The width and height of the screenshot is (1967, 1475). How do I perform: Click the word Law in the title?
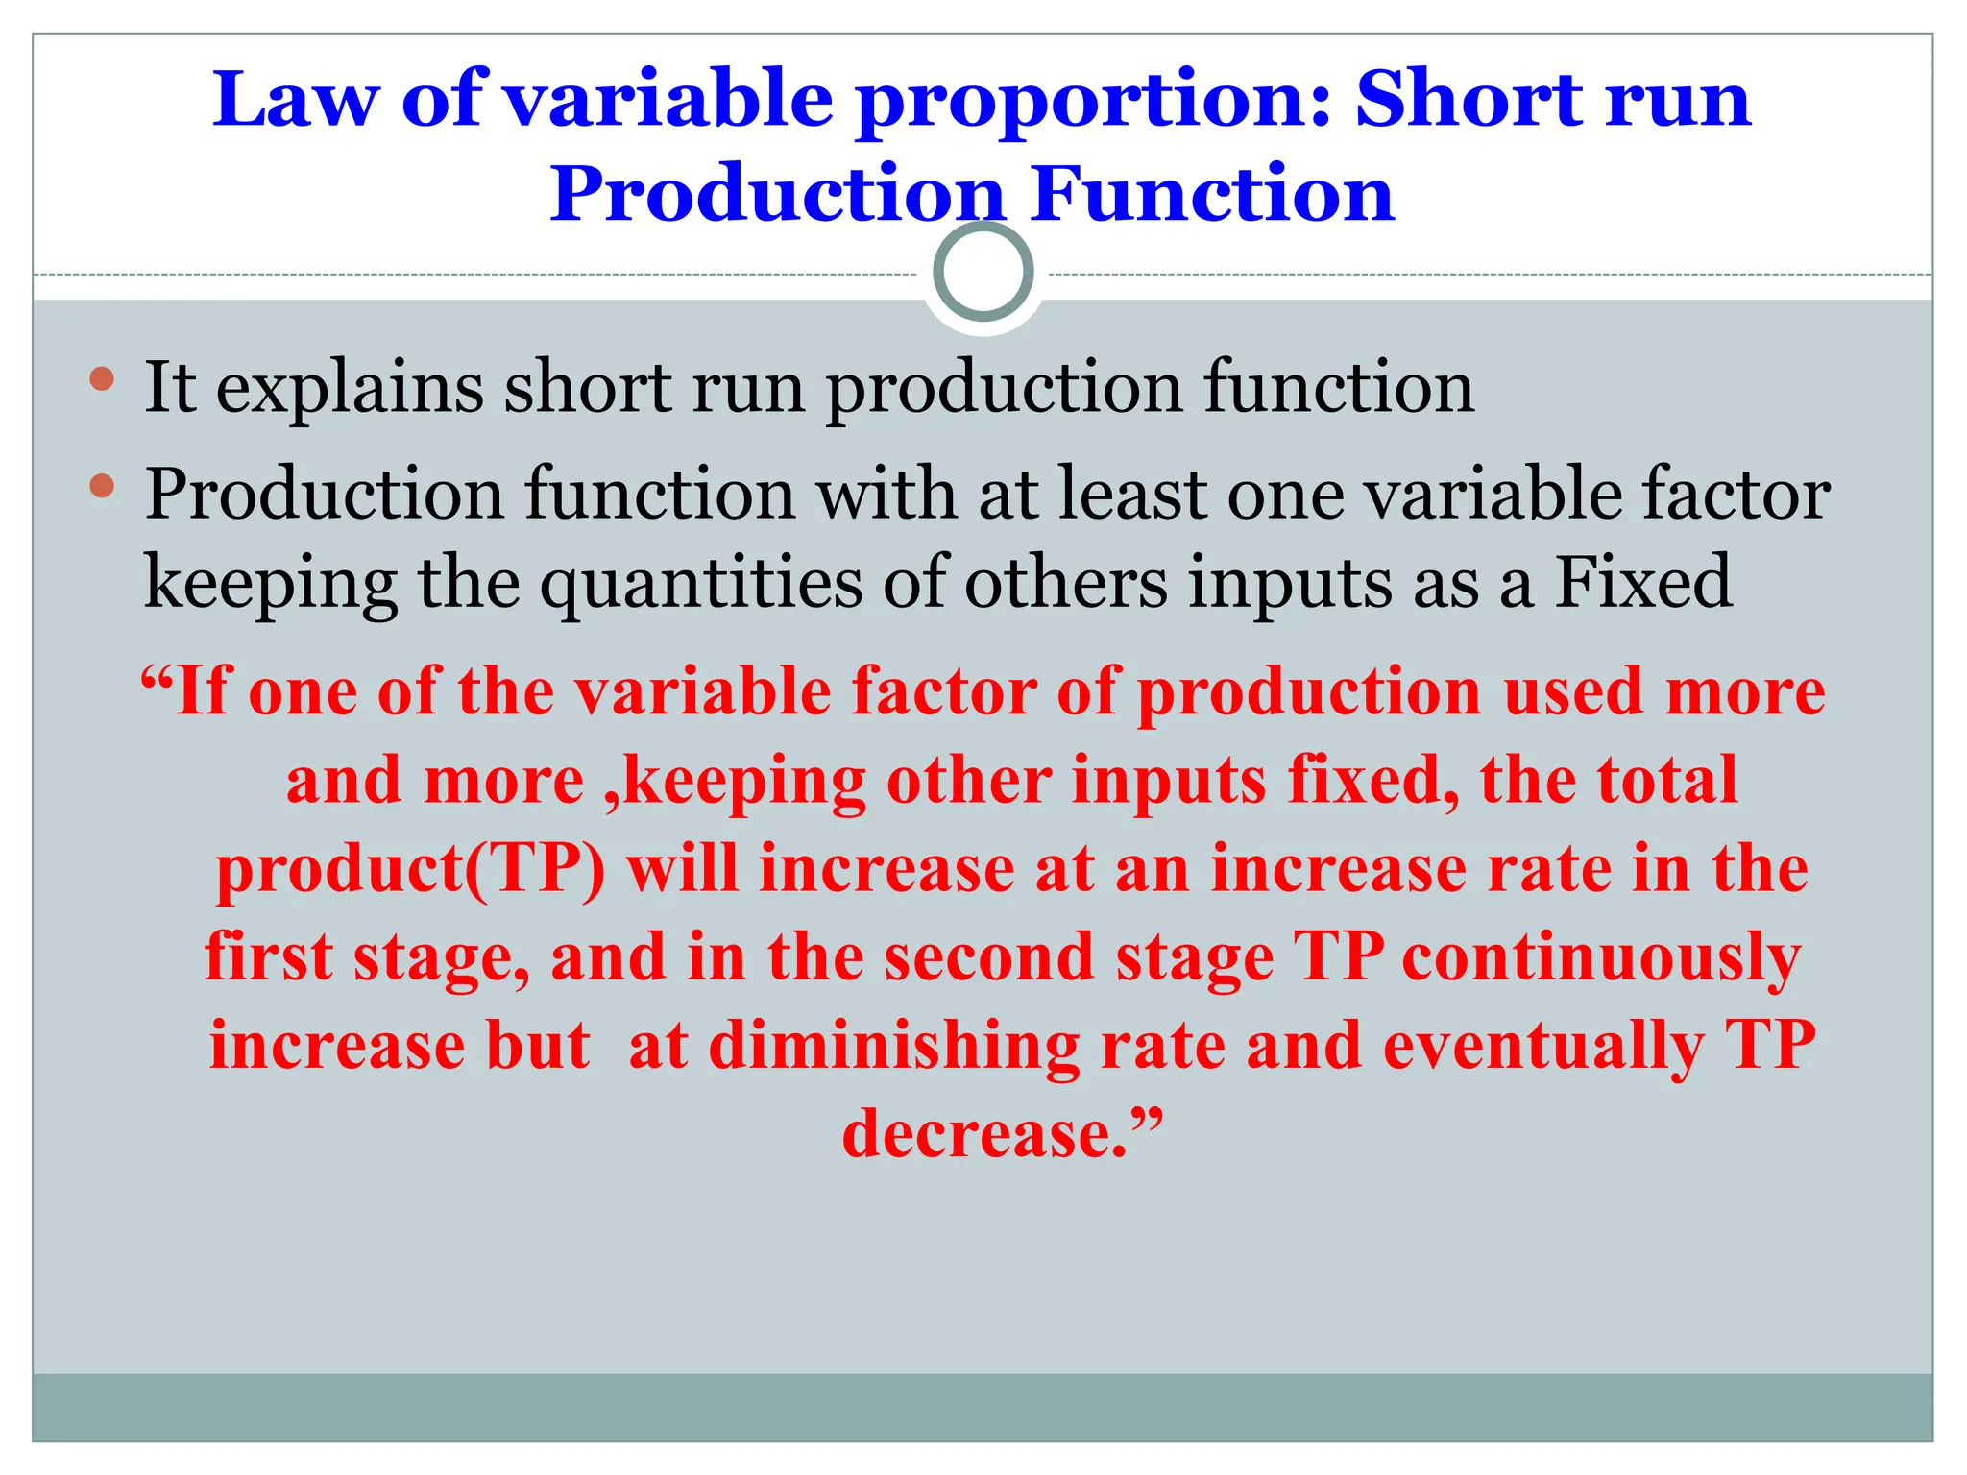point(296,100)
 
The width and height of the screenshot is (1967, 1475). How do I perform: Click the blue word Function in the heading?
point(1213,194)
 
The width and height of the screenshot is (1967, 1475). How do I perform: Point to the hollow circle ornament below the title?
point(983,273)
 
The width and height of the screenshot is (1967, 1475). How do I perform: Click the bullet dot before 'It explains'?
point(102,378)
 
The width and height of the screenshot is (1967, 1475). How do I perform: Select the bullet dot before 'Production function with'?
point(102,486)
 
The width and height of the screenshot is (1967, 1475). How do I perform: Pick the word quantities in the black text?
point(701,584)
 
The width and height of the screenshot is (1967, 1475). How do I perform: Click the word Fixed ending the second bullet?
point(1643,582)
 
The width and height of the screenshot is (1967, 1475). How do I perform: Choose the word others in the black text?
point(1065,582)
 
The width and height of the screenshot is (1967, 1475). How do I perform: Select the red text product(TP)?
point(411,870)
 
